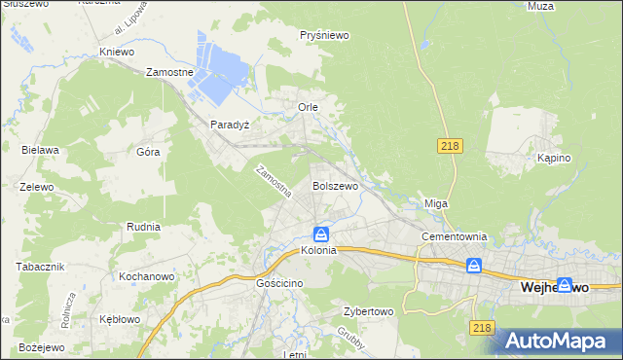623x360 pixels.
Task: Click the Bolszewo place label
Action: pyautogui.click(x=335, y=185)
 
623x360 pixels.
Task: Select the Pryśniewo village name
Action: pyautogui.click(x=324, y=35)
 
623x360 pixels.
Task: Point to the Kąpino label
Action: pyautogui.click(x=553, y=158)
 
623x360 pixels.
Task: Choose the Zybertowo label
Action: pyautogui.click(x=367, y=312)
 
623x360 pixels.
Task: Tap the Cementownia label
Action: pyautogui.click(x=453, y=237)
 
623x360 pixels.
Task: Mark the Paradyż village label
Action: pyautogui.click(x=231, y=125)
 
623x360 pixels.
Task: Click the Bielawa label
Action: pyautogui.click(x=41, y=150)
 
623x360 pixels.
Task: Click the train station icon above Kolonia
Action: pyautogui.click(x=320, y=234)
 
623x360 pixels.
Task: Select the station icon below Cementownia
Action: pyautogui.click(x=474, y=265)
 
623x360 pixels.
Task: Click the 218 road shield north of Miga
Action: pyautogui.click(x=449, y=145)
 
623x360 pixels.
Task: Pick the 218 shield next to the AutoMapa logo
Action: pyautogui.click(x=482, y=329)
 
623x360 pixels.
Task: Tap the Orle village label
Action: pyautogui.click(x=309, y=106)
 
